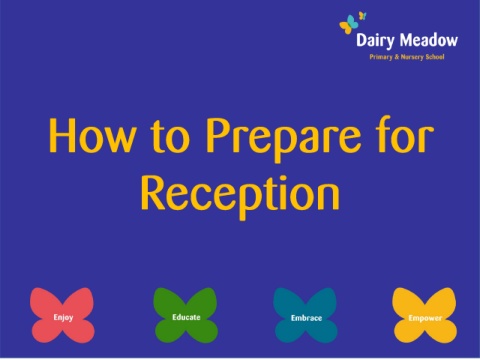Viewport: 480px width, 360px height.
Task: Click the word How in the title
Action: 92,136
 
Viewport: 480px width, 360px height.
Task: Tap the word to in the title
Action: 170,137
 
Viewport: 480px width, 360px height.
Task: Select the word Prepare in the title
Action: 283,140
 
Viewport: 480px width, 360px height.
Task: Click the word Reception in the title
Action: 240,197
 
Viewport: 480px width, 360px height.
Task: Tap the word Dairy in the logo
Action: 375,41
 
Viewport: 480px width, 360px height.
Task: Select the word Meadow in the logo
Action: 429,40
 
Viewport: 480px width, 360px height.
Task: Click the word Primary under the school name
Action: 381,57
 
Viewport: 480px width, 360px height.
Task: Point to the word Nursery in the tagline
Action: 412,57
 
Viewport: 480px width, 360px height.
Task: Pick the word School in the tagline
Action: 435,57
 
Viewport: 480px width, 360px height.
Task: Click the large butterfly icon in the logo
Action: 349,25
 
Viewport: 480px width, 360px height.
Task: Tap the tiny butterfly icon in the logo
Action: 362,16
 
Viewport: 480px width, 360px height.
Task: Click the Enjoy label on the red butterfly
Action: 63,317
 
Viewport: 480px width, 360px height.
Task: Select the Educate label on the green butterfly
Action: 186,317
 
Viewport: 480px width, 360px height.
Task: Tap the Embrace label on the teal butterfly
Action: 306,318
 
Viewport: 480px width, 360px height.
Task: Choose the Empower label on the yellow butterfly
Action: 425,318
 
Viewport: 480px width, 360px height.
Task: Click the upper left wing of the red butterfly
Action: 45,302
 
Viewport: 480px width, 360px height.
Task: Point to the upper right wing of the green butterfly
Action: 202,301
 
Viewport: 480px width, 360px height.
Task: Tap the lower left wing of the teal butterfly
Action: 290,331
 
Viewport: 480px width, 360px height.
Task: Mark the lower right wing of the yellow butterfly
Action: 441,332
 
